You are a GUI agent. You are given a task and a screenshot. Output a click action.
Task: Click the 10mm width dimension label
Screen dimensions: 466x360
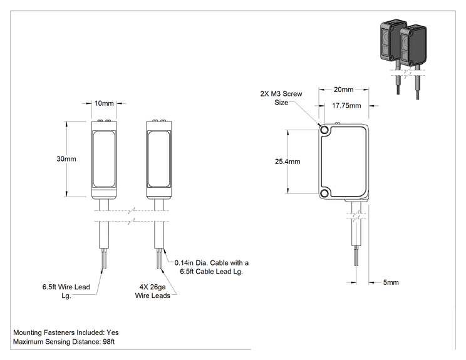coord(104,103)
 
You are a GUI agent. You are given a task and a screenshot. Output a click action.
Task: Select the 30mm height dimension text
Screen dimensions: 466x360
coord(66,159)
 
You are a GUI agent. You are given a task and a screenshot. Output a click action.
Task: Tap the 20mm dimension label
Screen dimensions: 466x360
coord(344,90)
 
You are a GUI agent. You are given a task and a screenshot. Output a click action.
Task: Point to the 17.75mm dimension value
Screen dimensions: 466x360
coord(346,105)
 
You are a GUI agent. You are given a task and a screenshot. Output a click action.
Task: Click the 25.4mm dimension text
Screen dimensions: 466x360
coord(287,162)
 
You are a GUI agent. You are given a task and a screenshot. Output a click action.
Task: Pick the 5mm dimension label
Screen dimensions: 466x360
coord(391,282)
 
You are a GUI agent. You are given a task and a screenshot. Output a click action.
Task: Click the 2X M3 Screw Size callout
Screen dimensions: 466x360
coord(281,98)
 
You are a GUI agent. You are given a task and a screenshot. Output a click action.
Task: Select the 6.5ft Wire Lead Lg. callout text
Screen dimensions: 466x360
coord(66,291)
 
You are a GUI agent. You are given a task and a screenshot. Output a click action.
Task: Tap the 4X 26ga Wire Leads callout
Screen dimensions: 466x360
coord(152,291)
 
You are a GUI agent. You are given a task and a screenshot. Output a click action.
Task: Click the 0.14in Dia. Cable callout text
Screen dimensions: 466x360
coord(211,267)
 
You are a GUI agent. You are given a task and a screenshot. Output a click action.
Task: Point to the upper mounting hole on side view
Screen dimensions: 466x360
coord(324,130)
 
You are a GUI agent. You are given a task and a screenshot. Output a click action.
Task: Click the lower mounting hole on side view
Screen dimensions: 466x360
coord(324,193)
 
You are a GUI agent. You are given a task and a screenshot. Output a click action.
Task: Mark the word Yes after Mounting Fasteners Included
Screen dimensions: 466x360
coord(113,332)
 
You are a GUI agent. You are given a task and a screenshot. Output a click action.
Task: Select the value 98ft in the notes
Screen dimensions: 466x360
coord(109,342)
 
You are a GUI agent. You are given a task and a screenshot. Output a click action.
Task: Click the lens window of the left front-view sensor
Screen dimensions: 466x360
coord(104,159)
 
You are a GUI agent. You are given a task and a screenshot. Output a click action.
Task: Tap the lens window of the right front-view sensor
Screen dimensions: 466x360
coord(159,159)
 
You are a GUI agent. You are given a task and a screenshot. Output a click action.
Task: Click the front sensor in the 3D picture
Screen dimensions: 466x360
coord(413,46)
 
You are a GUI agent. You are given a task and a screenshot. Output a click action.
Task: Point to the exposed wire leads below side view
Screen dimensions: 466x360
coord(356,255)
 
